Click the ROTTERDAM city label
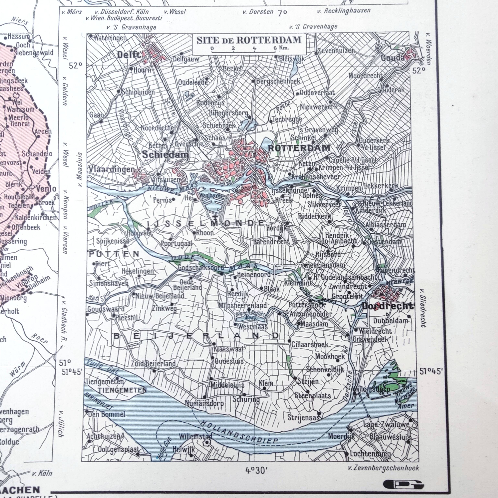(x=299, y=148)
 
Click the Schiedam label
(x=165, y=155)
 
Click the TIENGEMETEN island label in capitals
(x=122, y=390)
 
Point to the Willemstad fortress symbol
(x=207, y=443)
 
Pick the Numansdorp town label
(x=204, y=403)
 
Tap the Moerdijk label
(x=341, y=436)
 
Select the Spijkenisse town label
(x=113, y=241)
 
